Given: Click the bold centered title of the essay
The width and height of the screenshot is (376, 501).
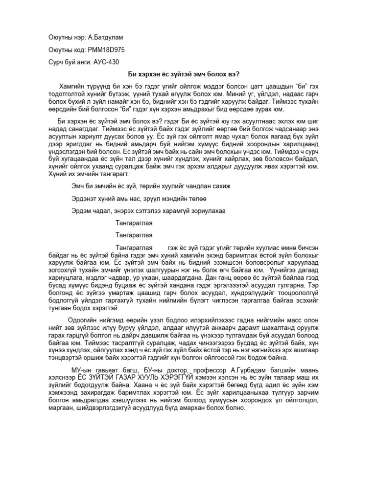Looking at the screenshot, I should click(x=188, y=74).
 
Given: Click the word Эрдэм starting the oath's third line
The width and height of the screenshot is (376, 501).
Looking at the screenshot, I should click(x=81, y=211).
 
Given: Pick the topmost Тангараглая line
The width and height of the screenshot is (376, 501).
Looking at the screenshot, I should click(x=135, y=223).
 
